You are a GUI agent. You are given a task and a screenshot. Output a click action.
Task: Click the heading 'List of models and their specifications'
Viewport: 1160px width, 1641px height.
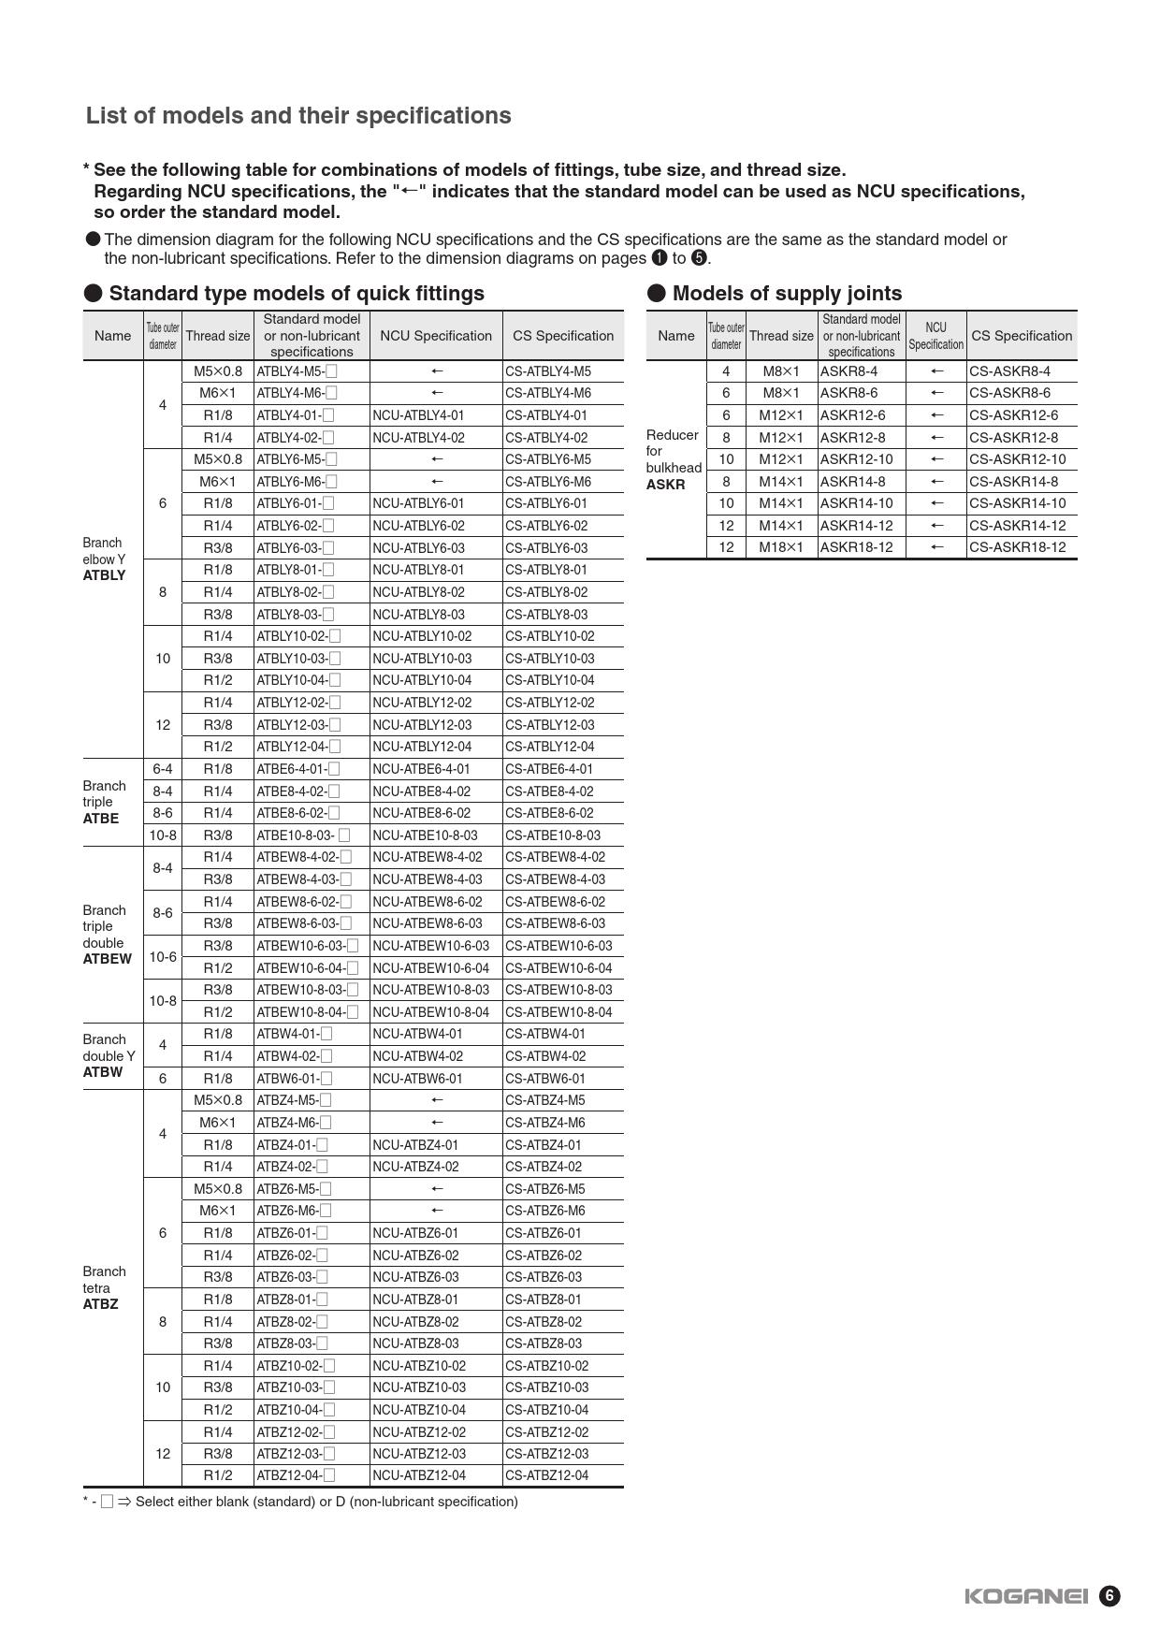(x=298, y=116)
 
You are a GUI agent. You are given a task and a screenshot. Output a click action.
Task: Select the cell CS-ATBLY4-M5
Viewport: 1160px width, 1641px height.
(x=548, y=371)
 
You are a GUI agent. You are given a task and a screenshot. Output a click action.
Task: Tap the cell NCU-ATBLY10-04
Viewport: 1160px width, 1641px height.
(x=422, y=680)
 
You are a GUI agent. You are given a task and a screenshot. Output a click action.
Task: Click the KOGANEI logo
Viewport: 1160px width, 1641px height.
(x=1026, y=1596)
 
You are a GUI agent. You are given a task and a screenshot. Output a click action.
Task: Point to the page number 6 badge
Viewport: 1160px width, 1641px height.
(x=1109, y=1596)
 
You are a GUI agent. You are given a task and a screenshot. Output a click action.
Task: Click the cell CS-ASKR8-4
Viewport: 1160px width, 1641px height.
(x=1009, y=371)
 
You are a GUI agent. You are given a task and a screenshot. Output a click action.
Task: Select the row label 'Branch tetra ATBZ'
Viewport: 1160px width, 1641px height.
(x=104, y=1287)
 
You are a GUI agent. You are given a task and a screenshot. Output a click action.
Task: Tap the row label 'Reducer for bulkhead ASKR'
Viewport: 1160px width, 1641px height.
(x=673, y=459)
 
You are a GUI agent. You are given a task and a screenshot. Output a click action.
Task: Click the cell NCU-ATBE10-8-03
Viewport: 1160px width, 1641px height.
(x=425, y=835)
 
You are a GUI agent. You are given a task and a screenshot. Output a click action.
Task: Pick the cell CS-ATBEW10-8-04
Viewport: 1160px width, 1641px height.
(x=558, y=1012)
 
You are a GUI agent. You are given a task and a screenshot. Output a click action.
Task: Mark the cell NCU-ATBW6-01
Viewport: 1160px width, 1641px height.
(x=417, y=1079)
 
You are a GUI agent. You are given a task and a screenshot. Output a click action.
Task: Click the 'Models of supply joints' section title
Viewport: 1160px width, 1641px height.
(x=786, y=294)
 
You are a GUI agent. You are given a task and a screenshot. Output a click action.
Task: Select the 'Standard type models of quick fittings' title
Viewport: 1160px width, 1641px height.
(x=297, y=294)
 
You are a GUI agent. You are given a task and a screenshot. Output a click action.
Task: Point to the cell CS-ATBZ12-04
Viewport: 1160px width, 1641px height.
(x=547, y=1475)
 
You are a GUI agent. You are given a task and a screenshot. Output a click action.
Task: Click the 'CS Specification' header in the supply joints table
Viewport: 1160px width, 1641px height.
(x=1022, y=336)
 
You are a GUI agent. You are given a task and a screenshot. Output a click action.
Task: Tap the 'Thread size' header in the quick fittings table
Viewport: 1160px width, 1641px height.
(x=218, y=336)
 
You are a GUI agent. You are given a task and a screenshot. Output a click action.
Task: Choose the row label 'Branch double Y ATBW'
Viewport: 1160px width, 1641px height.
(x=109, y=1055)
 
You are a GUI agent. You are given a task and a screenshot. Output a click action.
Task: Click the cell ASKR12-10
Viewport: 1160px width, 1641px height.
(x=856, y=459)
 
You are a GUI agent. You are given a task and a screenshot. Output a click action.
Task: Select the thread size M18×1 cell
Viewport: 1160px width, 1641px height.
(x=781, y=547)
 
